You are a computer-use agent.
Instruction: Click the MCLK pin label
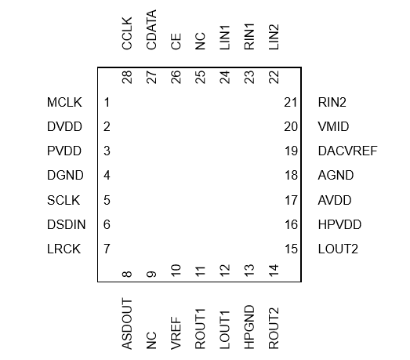pyautogui.click(x=65, y=102)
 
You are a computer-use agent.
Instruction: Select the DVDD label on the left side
pyautogui.click(x=65, y=126)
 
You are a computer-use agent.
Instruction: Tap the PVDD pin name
pyautogui.click(x=65, y=151)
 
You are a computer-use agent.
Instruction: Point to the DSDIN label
pyautogui.click(x=65, y=224)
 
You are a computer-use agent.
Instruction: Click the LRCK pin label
pyautogui.click(x=65, y=249)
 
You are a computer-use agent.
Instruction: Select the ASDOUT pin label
pyautogui.click(x=127, y=323)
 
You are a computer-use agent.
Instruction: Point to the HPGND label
pyautogui.click(x=249, y=326)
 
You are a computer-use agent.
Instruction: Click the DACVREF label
pyautogui.click(x=347, y=151)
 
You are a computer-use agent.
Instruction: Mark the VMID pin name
pyautogui.click(x=334, y=126)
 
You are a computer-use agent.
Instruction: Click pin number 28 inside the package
pyautogui.click(x=127, y=77)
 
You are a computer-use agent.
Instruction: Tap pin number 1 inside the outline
pyautogui.click(x=107, y=102)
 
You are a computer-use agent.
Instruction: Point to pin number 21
pyautogui.click(x=291, y=102)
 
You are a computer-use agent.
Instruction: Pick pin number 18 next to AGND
pyautogui.click(x=291, y=176)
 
